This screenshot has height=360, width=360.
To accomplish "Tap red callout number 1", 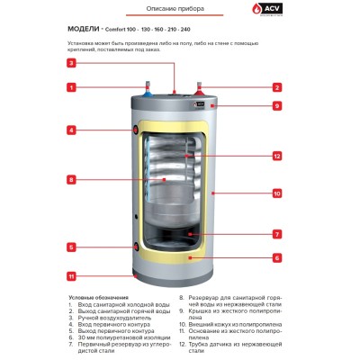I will (70, 87).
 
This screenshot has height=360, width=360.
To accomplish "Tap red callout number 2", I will (277, 87).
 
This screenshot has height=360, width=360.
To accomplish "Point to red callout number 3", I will (70, 63).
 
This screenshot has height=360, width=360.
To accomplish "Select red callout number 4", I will (70, 130).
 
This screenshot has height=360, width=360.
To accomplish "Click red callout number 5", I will (70, 247).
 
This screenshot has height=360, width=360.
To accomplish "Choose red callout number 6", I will (277, 257).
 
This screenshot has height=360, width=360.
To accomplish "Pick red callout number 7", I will (277, 234).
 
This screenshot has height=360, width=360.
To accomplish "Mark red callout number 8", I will (70, 180).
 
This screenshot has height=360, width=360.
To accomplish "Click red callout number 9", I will (277, 105).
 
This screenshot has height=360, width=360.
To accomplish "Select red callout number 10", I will (277, 193).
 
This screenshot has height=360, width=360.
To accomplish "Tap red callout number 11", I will (70, 275).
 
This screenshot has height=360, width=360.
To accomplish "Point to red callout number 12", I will (277, 157).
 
